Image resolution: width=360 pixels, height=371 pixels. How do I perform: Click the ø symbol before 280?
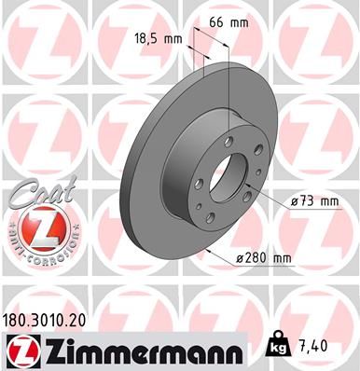coord(240,258)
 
